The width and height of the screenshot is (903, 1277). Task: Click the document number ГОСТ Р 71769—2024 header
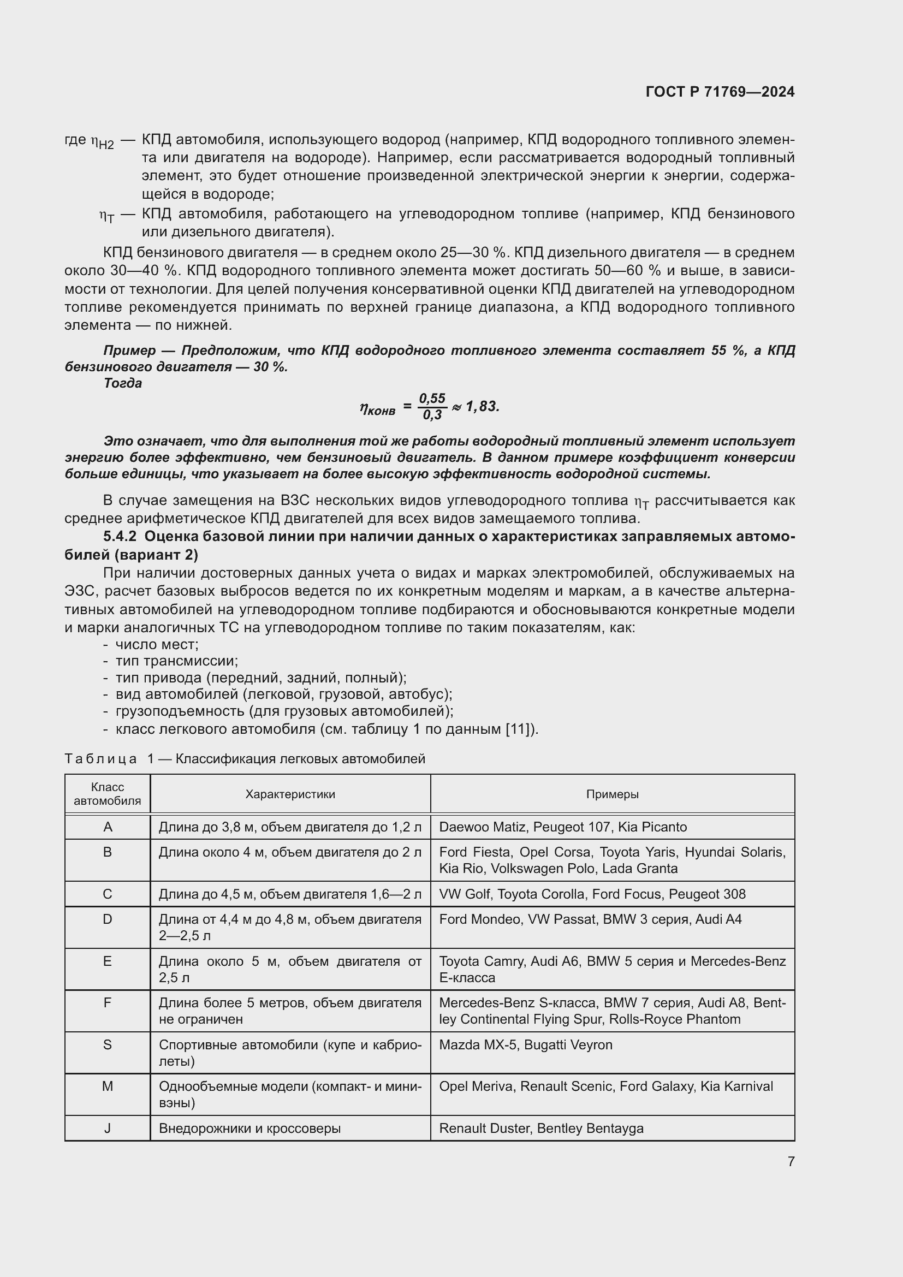[x=720, y=92]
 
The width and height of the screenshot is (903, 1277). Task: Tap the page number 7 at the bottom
[x=791, y=1161]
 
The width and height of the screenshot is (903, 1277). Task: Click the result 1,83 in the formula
[x=483, y=407]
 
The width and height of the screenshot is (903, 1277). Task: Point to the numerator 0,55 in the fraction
[x=432, y=398]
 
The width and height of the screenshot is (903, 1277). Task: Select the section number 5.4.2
[x=120, y=537]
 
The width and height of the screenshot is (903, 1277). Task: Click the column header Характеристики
[x=290, y=794]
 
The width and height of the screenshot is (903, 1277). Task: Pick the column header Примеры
[x=612, y=794]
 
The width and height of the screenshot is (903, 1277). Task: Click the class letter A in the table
[x=108, y=827]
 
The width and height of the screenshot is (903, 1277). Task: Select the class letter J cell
[x=108, y=1128]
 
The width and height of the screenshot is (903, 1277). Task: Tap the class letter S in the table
[x=108, y=1044]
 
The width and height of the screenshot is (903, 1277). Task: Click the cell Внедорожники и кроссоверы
[x=249, y=1128]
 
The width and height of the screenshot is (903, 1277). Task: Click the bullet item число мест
[x=156, y=645]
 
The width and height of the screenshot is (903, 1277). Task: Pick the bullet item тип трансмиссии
[x=176, y=661]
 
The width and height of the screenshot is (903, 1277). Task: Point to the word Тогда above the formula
[x=122, y=383]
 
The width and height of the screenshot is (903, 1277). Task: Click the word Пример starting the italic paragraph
[x=129, y=351]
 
